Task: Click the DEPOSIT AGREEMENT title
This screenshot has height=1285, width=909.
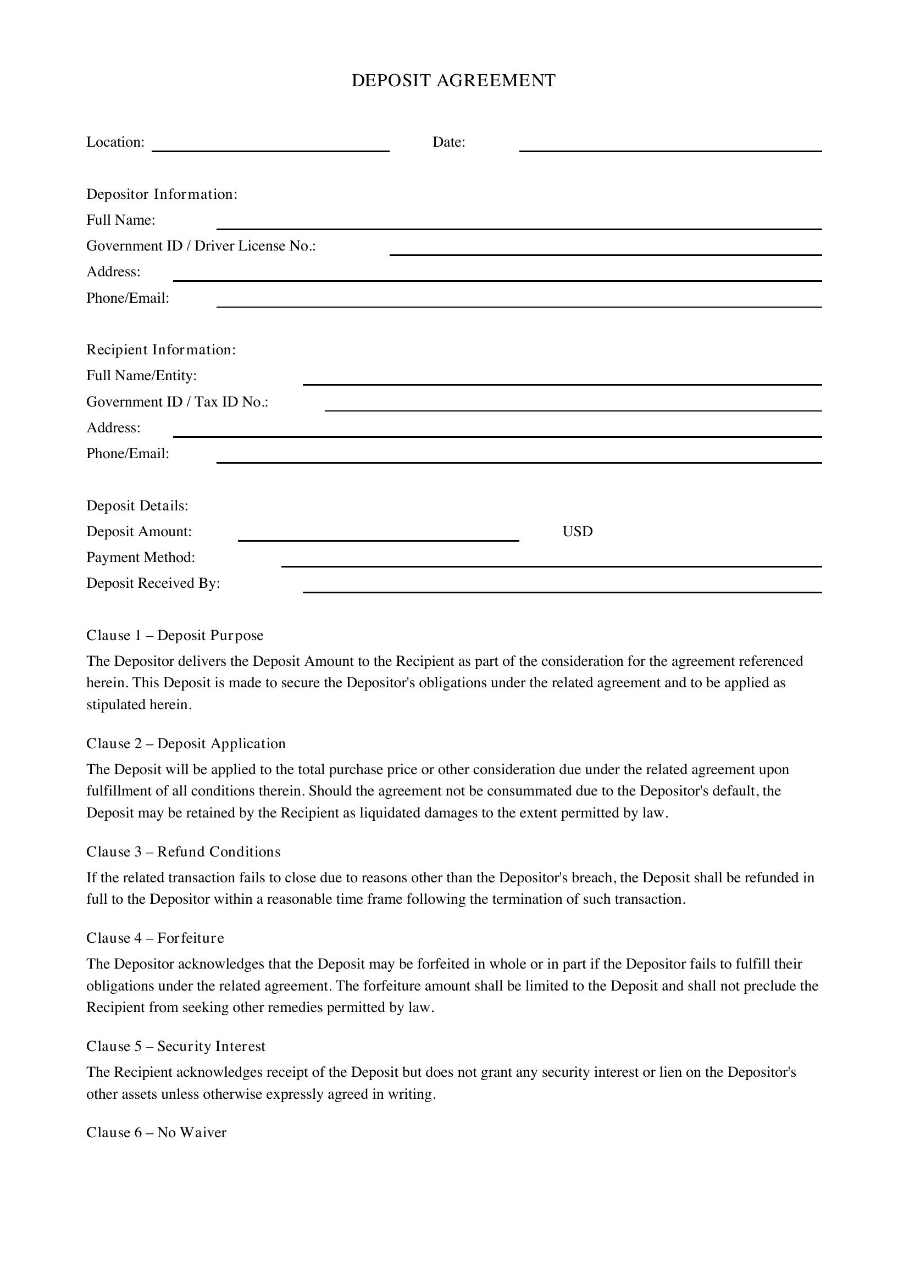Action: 453,81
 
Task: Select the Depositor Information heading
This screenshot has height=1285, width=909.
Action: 162,194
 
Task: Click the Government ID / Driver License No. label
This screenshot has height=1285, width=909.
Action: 201,246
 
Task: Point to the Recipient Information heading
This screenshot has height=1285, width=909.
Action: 161,350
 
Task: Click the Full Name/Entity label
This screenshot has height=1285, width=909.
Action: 142,376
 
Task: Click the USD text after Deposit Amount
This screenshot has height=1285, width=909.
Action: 577,531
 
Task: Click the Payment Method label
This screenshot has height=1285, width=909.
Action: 141,558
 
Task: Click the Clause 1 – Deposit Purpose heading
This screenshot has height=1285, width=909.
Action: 175,635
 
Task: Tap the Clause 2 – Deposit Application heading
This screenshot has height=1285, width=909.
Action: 186,743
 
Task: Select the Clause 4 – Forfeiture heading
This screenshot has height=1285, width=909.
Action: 155,937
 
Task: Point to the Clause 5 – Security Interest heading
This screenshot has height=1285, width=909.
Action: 176,1046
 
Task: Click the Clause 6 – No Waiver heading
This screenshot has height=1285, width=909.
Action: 156,1132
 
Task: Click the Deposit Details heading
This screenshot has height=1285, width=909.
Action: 137,505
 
